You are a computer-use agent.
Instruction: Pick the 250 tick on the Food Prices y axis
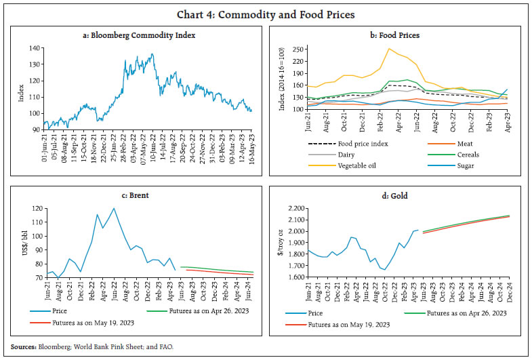pyautogui.click(x=298, y=49)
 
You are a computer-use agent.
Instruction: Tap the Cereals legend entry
pyautogui.click(x=467, y=154)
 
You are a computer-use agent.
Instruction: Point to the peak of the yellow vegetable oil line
pyautogui.click(x=389, y=49)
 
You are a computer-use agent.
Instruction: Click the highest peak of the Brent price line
pyautogui.click(x=114, y=208)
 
